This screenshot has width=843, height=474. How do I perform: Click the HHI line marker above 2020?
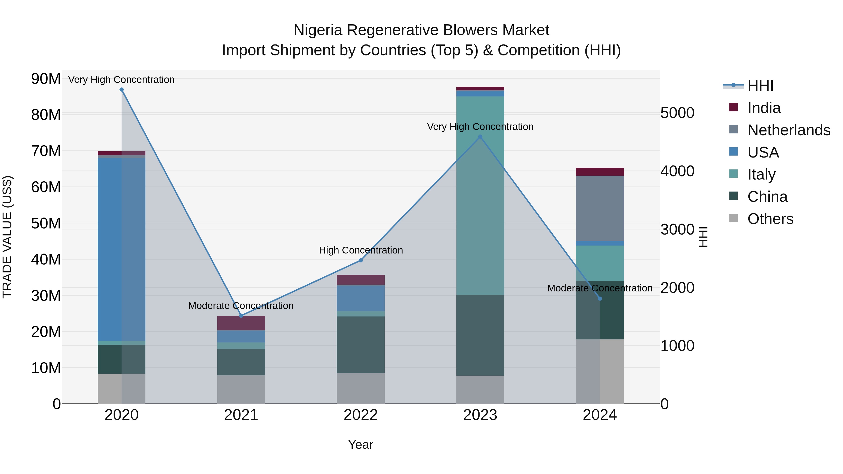point(121,90)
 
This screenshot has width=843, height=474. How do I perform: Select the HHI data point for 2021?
point(241,316)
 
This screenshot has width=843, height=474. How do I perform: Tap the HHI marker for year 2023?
point(480,137)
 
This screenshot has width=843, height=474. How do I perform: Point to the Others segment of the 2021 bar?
point(241,389)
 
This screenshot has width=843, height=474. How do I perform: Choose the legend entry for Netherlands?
point(789,130)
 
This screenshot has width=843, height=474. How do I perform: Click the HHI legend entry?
point(760,86)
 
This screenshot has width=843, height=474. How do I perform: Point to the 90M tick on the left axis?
point(46,79)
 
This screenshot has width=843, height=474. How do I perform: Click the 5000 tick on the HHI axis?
point(677,113)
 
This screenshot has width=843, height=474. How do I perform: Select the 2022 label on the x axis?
point(361,415)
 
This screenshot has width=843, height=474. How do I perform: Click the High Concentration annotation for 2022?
point(361,250)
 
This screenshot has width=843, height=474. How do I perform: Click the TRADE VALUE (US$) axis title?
point(7,237)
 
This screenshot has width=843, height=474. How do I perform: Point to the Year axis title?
point(361,445)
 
